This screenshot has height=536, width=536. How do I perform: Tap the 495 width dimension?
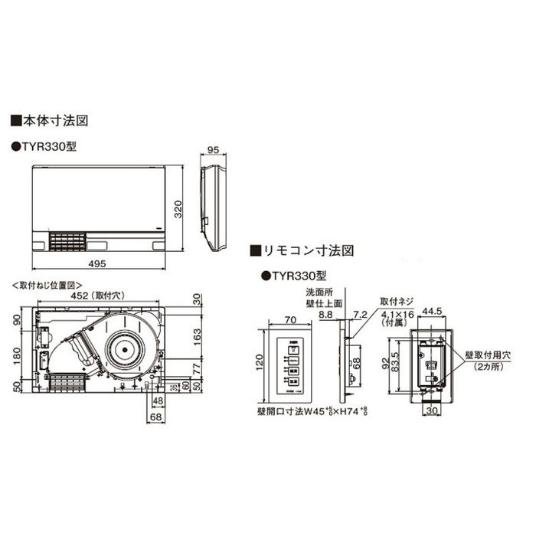[x=106, y=264]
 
